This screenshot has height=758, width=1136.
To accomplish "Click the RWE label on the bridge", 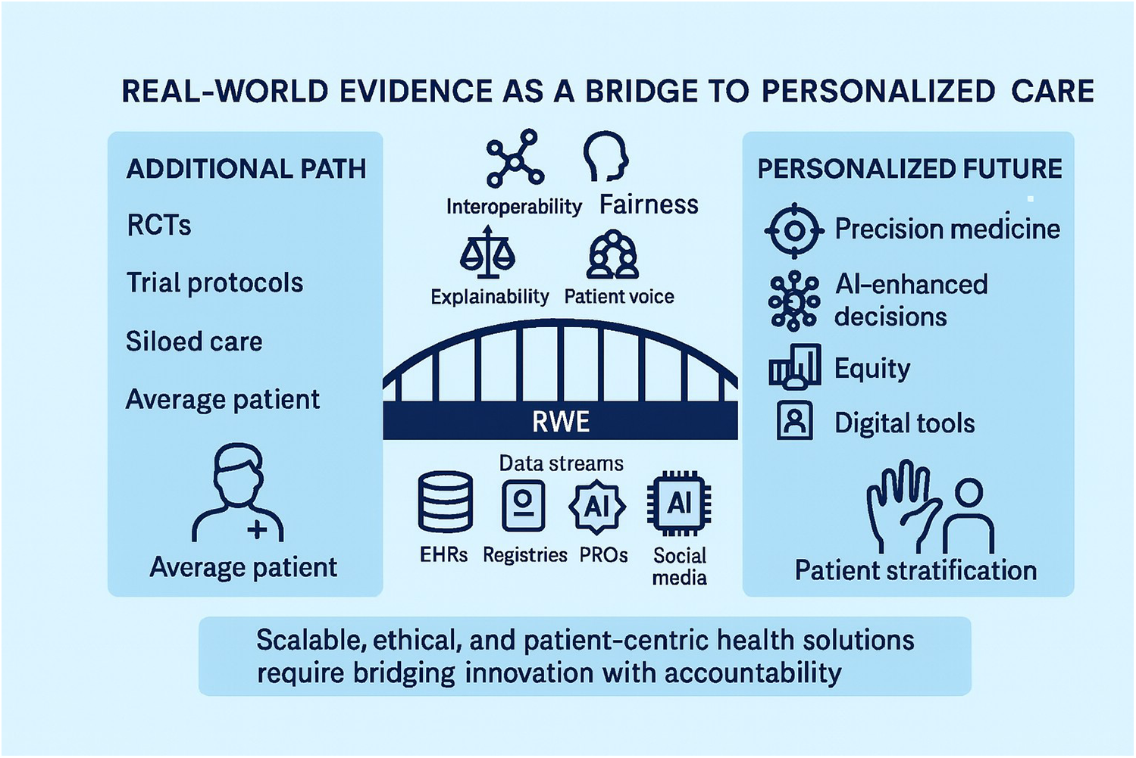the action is pos(561,422).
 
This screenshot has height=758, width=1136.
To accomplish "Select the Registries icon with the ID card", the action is pos(524,504).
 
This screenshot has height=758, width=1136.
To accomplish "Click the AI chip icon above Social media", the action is pos(679,503).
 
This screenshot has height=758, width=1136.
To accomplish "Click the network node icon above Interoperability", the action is pos(515,158).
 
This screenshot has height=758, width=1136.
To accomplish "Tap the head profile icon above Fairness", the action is pos(606,156).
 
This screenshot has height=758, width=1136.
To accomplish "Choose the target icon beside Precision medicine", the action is pos(793,230).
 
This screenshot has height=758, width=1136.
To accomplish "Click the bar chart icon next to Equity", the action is pos(794,367).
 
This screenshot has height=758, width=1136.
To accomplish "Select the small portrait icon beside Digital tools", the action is pos(794,421).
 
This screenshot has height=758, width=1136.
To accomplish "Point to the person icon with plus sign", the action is pos(238,493).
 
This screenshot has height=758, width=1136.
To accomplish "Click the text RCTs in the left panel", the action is pos(159,226).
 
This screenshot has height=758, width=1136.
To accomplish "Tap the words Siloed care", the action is pos(194,342).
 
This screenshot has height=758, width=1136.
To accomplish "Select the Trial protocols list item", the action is pos(214,283).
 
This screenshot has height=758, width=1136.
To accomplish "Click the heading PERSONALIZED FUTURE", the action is pos(909,169).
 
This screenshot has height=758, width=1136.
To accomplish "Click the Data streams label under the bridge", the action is pos(561,463).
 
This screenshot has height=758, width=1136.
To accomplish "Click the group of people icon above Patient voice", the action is pos(612,255).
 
